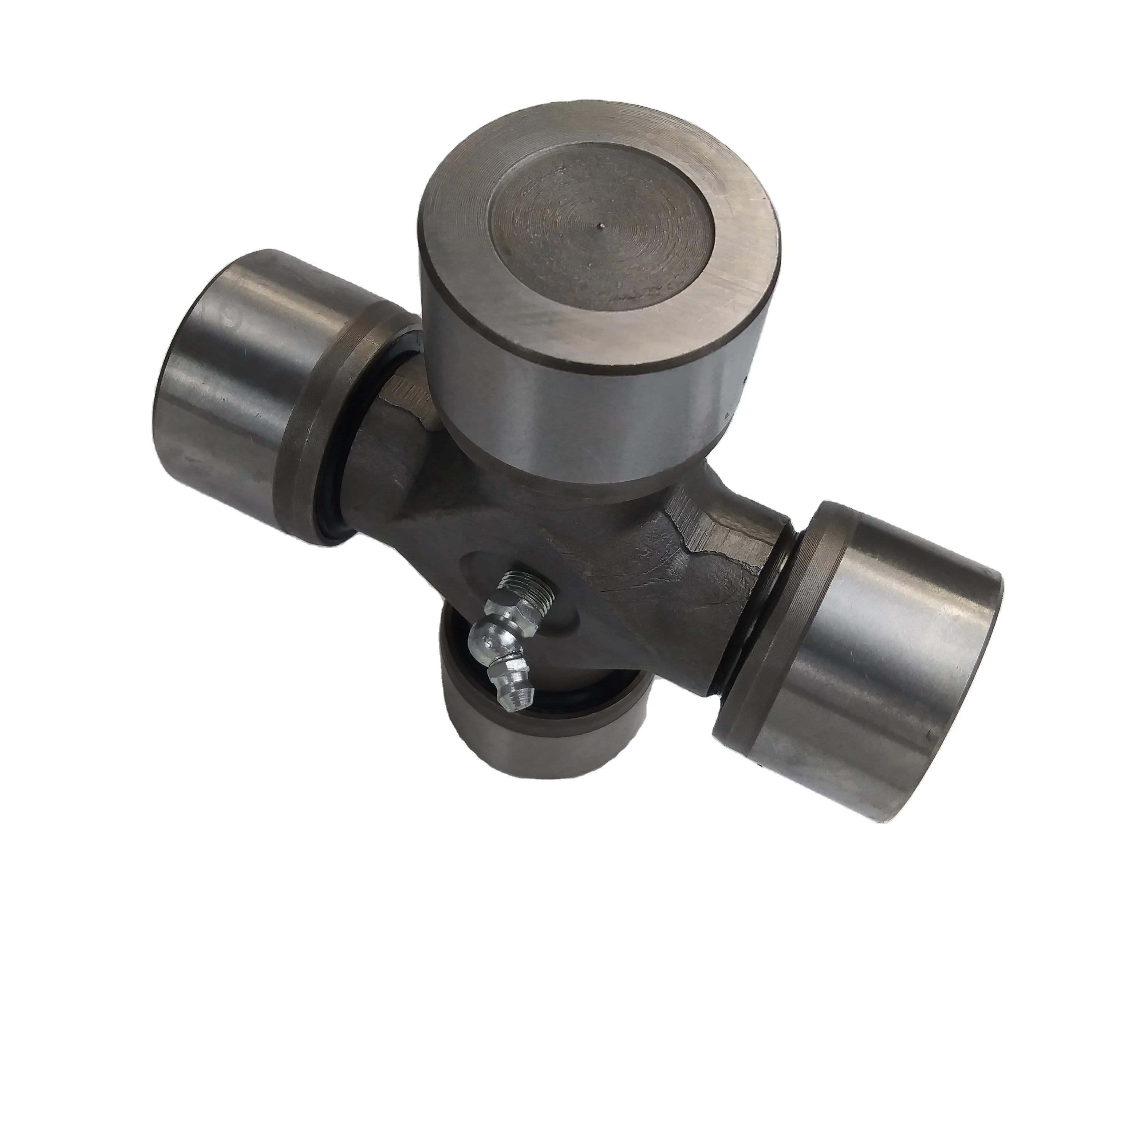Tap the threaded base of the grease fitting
pos(526,599)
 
